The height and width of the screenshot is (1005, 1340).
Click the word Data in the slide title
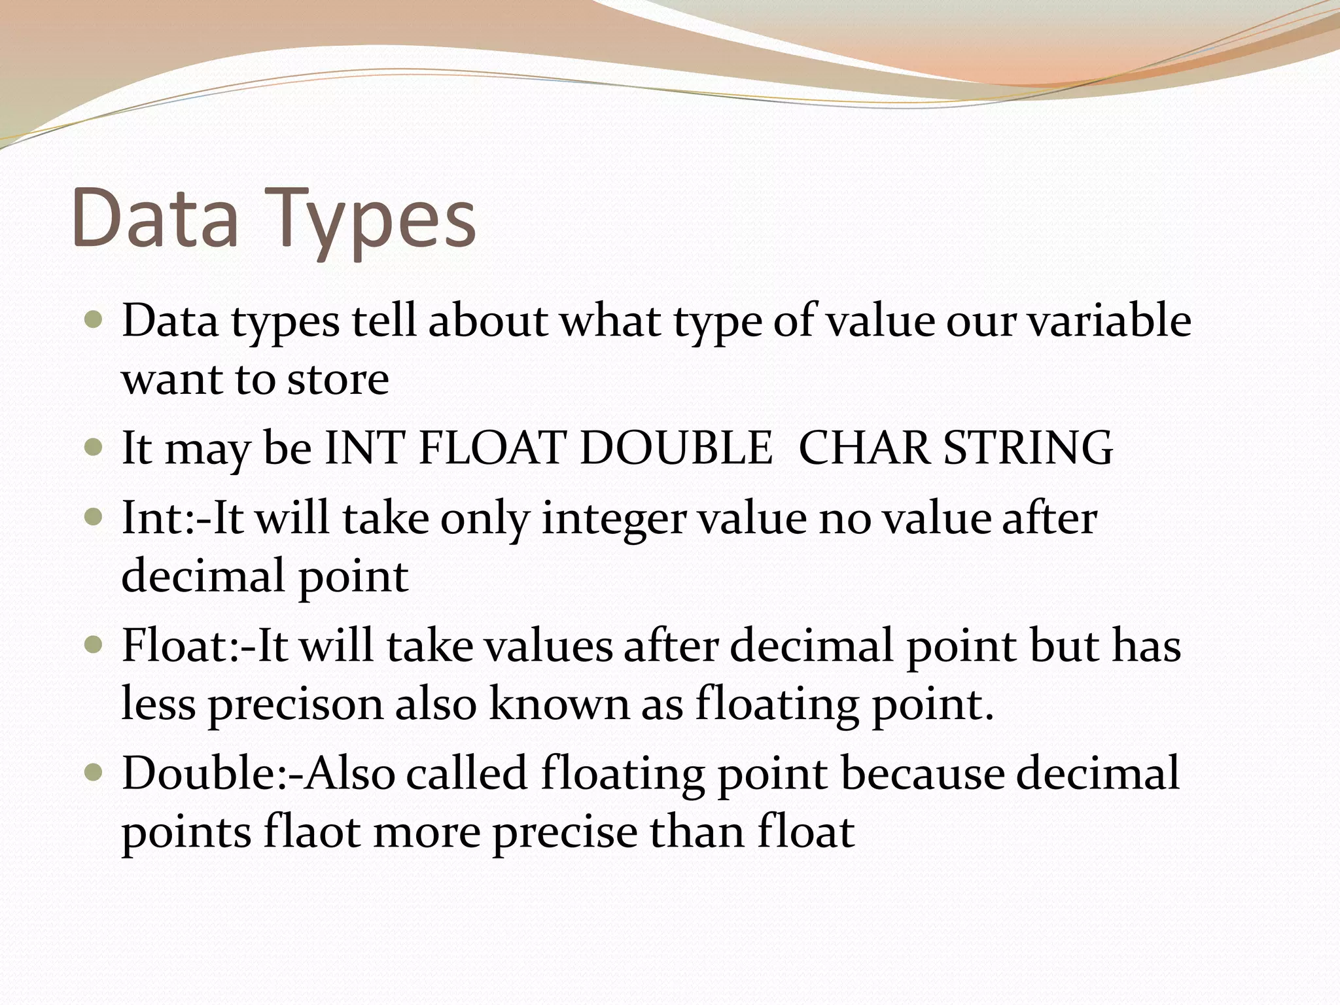[x=155, y=218]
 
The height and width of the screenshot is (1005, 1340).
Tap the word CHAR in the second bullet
[x=864, y=448]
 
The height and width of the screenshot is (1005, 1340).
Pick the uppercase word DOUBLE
[x=676, y=448]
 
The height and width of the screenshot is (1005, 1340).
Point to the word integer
[x=614, y=520]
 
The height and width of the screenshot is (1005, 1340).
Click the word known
[x=559, y=705]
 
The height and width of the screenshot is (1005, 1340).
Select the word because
[x=923, y=773]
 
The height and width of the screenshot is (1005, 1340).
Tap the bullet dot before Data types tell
[x=94, y=321]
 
